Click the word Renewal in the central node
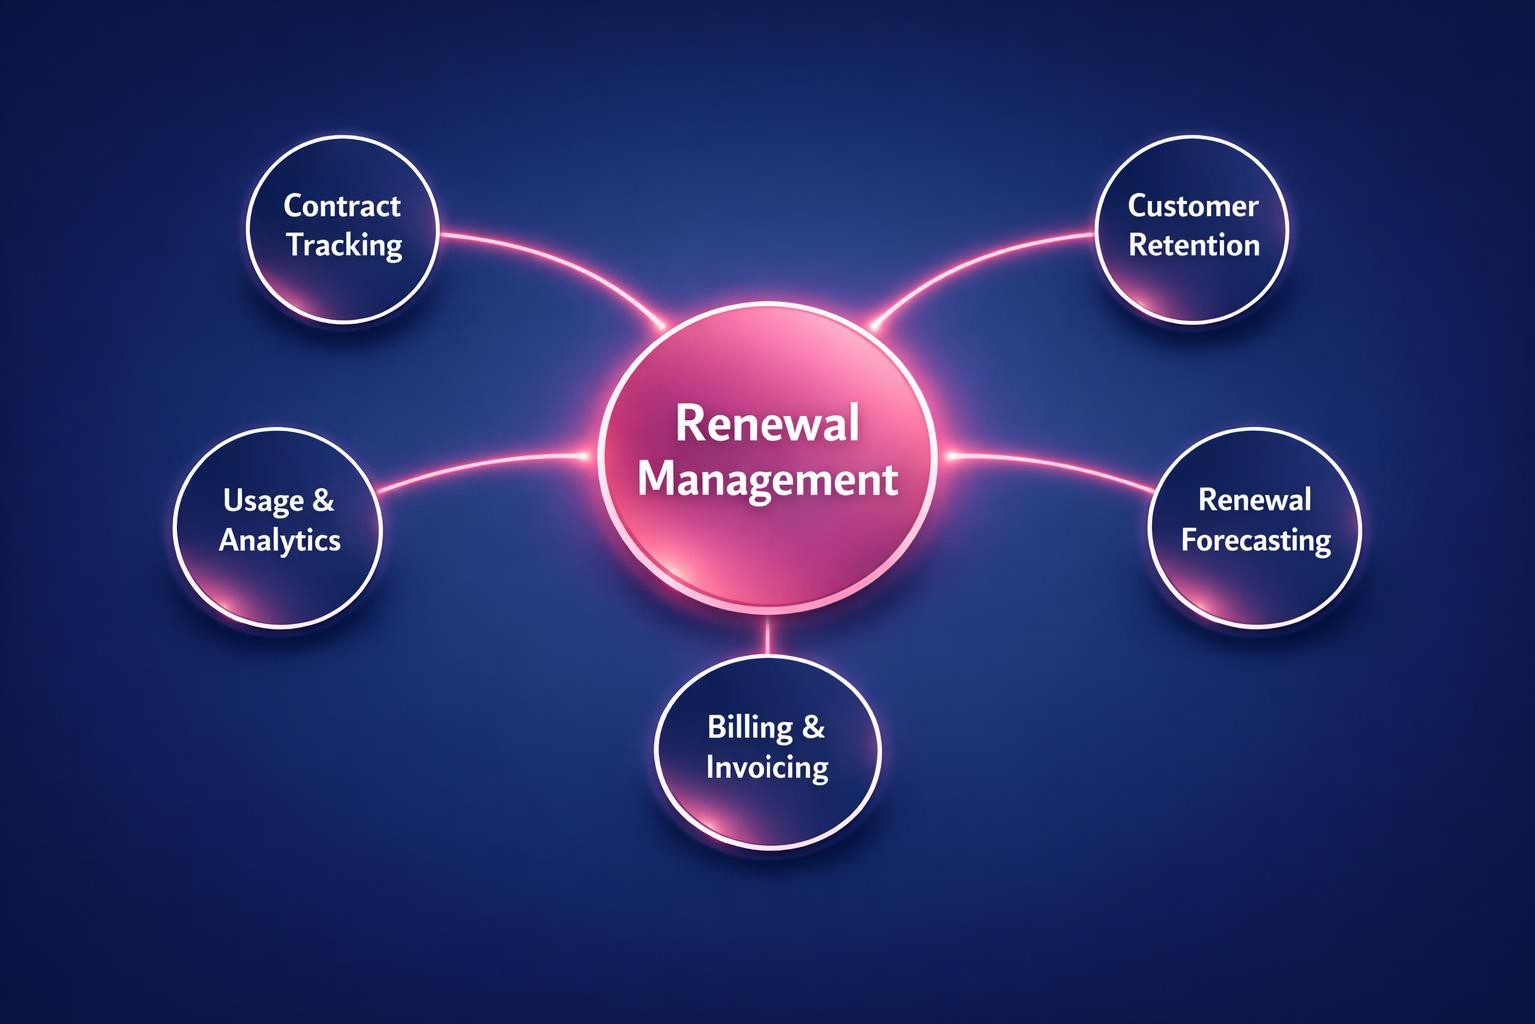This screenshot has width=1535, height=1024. [x=767, y=424]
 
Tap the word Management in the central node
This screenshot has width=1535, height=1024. [x=767, y=479]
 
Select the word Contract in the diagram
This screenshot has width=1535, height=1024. [x=342, y=206]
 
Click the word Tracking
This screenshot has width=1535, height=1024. [x=344, y=246]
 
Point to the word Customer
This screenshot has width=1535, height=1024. [x=1193, y=206]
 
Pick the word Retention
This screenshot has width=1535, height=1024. [x=1194, y=246]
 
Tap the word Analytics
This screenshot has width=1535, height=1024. [x=280, y=540]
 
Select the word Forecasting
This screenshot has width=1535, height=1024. [x=1256, y=540]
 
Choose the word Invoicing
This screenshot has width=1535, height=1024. [x=767, y=767]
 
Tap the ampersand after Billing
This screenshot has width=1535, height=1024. [x=813, y=727]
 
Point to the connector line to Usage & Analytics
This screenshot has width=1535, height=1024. [x=480, y=465]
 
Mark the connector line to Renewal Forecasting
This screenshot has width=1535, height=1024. [x=1059, y=465]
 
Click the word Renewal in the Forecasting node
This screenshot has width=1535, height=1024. [x=1254, y=500]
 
